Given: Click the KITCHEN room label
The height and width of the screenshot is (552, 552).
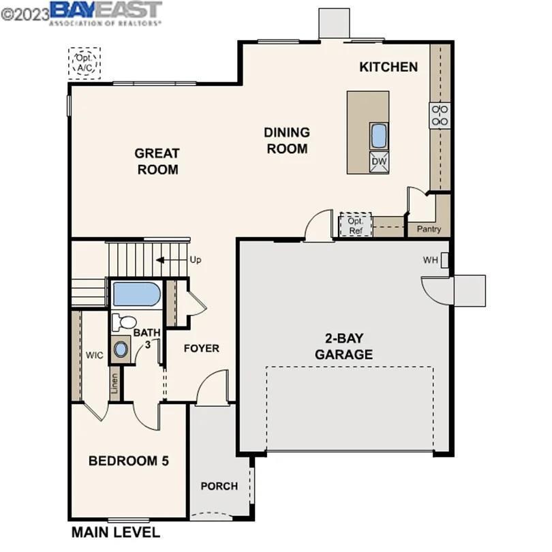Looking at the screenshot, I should tap(388, 67).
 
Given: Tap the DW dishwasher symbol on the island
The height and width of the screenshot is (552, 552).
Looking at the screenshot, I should tap(379, 161).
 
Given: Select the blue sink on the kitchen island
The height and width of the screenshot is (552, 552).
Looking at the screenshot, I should tap(379, 136).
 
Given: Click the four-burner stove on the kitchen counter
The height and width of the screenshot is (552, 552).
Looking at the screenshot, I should tap(440, 115).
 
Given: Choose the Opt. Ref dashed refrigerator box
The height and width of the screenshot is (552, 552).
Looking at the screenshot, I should tap(356, 225).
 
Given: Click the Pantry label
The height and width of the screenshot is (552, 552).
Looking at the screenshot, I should tap(429, 230).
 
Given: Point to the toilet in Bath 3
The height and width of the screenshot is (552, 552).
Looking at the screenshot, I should tap(124, 322).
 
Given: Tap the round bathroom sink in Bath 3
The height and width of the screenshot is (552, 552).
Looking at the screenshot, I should tap(121, 349).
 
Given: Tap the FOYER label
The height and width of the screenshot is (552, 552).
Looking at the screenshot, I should tap(202, 348).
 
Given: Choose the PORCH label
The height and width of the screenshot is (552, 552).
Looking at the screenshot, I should tap(219, 486).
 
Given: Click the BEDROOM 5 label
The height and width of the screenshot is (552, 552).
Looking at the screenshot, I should tap(129, 461).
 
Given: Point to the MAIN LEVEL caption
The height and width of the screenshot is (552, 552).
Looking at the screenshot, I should tap(116, 532).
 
